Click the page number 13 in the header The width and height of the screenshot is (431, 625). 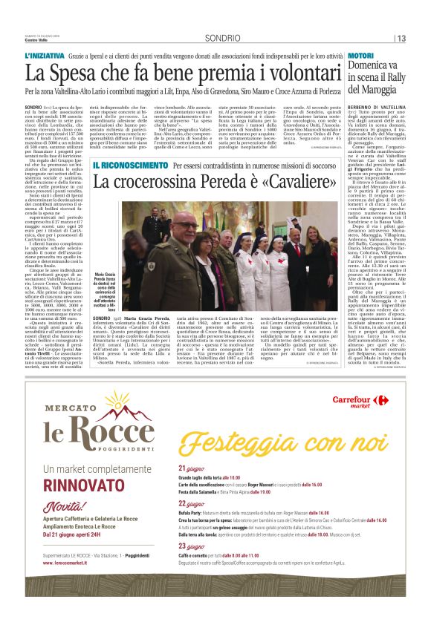click(x=401, y=38)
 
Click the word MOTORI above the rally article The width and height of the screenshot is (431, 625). click(x=360, y=56)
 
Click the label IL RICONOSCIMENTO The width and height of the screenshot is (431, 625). click(x=130, y=165)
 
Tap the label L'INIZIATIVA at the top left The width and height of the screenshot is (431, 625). click(x=45, y=56)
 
